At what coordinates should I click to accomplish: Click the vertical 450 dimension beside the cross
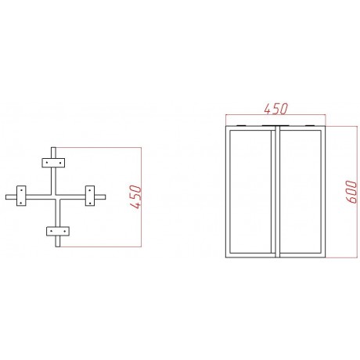pos(135,196)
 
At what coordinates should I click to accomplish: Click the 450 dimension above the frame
pos(275,109)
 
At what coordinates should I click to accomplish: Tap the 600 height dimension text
pos(351,192)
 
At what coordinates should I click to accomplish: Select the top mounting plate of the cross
pos(53,163)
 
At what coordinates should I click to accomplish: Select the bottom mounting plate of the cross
pos(58,231)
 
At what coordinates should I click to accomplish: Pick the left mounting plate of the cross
pos(21,196)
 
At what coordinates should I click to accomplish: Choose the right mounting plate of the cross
pos(90,196)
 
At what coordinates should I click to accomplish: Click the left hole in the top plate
pos(47,163)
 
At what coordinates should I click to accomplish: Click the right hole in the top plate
pos(60,163)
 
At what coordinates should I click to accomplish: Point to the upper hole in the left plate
pos(21,189)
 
